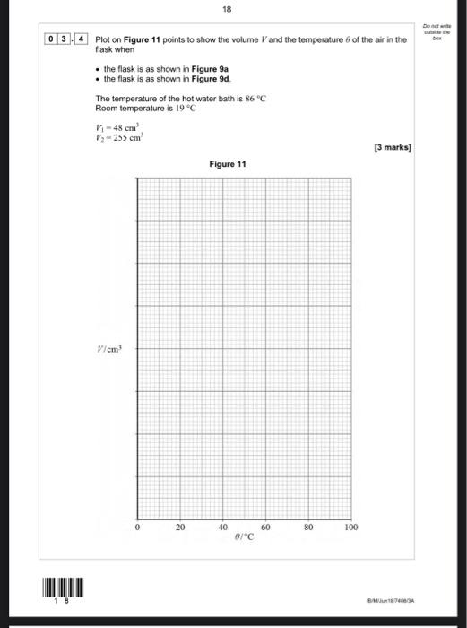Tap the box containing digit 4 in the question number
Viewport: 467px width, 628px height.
[x=82, y=40]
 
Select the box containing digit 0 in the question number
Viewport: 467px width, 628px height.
[x=53, y=40]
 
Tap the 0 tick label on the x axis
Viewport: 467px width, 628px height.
[x=138, y=528]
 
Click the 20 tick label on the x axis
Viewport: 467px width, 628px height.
[x=180, y=528]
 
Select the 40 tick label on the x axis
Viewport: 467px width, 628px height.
[x=222, y=528]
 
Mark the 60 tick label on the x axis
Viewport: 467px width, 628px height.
[x=265, y=528]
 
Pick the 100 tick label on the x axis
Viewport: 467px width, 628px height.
[x=351, y=528]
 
